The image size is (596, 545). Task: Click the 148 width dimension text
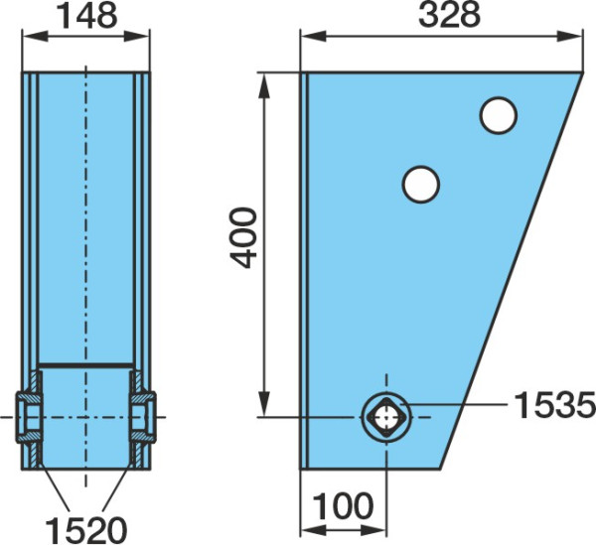[x=86, y=16]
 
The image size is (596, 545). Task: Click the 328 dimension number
[x=449, y=16]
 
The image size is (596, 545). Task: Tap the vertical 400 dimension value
[x=243, y=237]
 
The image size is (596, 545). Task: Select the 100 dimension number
[x=343, y=506]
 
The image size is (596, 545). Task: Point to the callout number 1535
[x=554, y=405]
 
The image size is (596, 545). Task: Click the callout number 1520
[x=85, y=530]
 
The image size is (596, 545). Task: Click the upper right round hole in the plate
[x=499, y=115]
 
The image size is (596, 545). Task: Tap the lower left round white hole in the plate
[x=421, y=185]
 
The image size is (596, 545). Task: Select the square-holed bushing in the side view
[x=386, y=417]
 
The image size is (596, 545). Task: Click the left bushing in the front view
[x=29, y=417]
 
